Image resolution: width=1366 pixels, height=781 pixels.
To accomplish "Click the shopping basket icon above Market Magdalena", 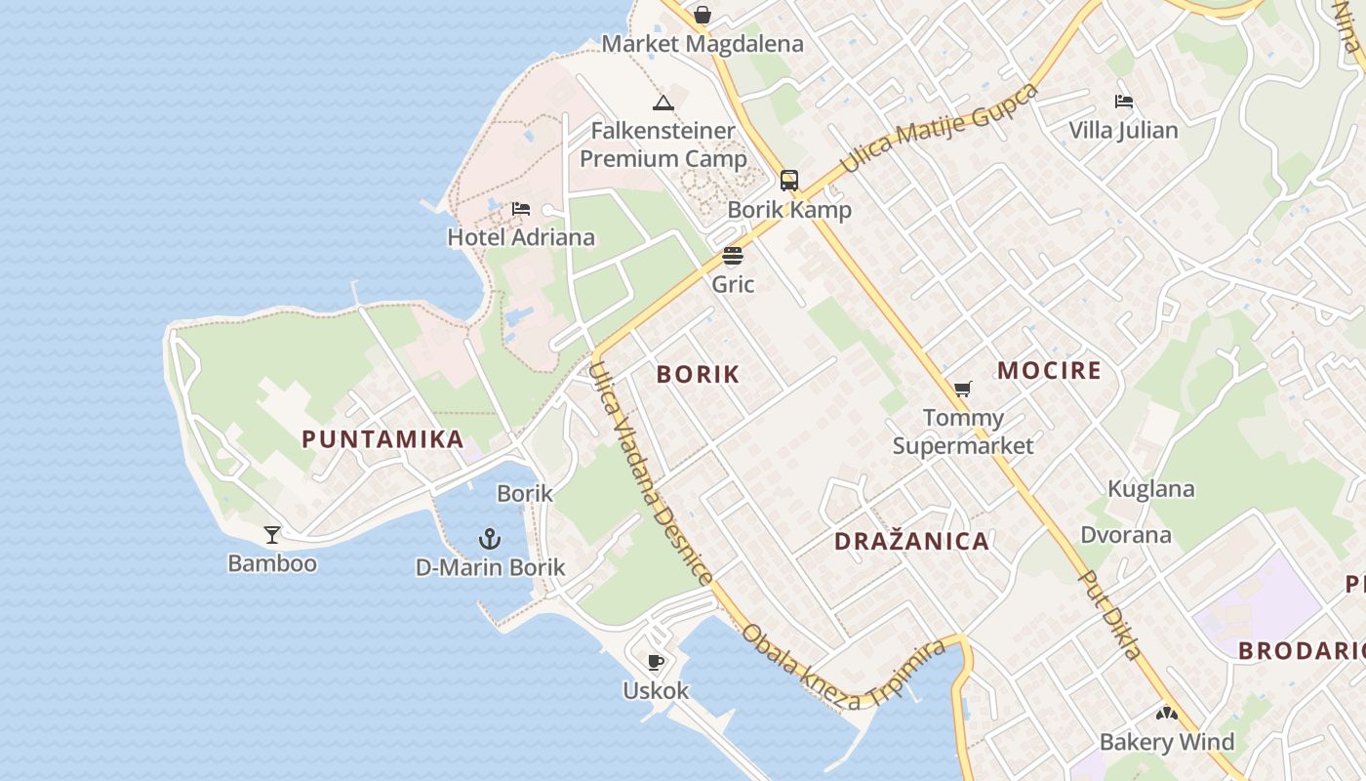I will point(702,16).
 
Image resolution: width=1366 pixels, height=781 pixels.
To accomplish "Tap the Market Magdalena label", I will point(703,44).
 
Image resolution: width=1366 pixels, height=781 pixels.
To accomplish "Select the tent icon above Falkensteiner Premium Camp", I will point(663,103).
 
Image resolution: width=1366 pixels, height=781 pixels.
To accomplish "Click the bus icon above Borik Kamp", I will point(789,181).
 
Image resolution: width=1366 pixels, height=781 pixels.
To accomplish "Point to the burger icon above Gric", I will point(733,256).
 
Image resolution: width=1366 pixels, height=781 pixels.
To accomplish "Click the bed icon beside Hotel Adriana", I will point(521,208).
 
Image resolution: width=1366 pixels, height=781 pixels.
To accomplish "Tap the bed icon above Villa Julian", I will point(1124,101).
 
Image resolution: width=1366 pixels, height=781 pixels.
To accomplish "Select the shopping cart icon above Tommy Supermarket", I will point(963,389).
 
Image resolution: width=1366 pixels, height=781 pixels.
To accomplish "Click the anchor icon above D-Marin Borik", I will point(490,538).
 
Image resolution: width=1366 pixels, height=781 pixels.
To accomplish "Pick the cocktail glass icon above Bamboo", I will point(272,534).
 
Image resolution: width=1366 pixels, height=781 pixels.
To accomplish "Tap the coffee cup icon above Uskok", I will point(656,662).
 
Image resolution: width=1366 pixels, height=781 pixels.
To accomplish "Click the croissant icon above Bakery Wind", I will point(1166,714).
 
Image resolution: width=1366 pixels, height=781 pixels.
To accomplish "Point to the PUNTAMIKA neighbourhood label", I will point(382,439).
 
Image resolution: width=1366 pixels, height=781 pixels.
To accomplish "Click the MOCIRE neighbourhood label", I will point(1049,371).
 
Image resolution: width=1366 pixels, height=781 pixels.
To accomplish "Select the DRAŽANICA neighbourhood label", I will point(911,542).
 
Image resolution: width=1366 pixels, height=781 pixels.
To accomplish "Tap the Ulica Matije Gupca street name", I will point(939,128).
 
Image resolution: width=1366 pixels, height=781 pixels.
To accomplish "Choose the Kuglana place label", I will point(1150,489).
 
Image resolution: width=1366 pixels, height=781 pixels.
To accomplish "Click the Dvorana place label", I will point(1125,535).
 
